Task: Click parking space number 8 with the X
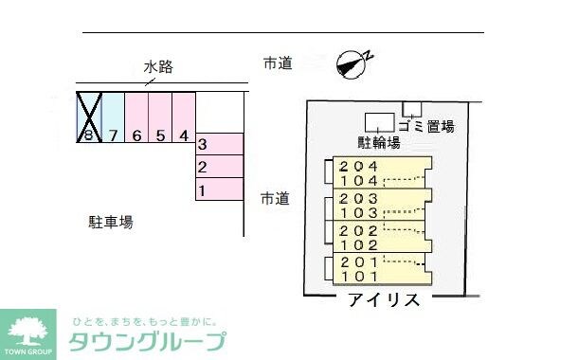88,117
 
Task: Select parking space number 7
113,117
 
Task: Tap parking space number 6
136,117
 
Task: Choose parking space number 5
160,117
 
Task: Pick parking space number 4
184,117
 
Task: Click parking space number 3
219,145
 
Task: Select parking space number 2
219,168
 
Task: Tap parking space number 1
219,190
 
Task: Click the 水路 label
158,67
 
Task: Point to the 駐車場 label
111,224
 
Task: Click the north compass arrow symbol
352,63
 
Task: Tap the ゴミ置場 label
426,126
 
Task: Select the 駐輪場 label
378,143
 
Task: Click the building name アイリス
384,300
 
